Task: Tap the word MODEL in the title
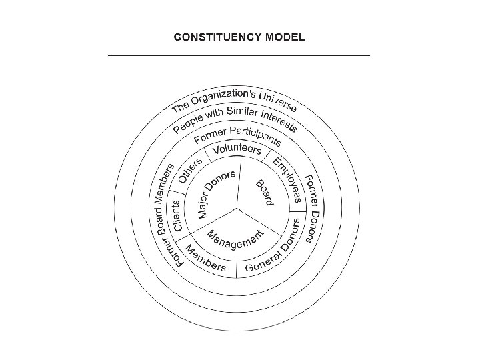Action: point(283,37)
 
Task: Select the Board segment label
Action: point(263,192)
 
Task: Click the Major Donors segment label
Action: point(217,194)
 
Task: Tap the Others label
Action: point(190,169)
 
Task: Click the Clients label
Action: point(178,215)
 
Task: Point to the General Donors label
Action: point(273,254)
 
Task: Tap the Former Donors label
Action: point(313,207)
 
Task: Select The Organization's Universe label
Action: point(234,99)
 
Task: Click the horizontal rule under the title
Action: point(239,55)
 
